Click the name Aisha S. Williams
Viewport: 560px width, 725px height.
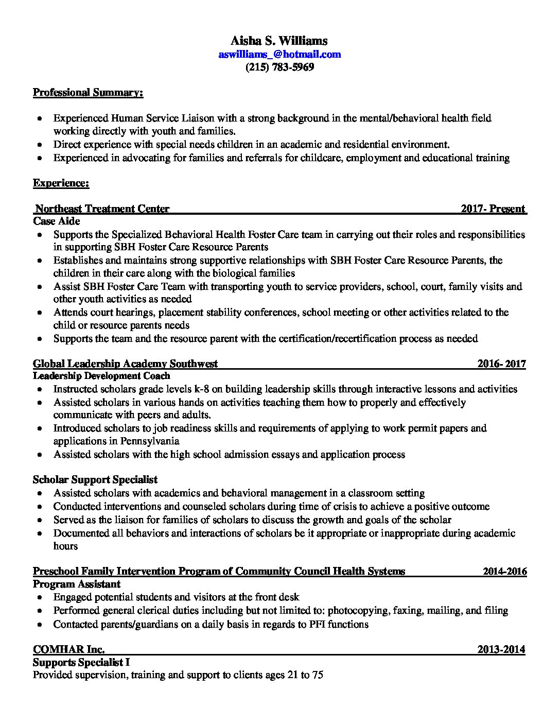[279, 41]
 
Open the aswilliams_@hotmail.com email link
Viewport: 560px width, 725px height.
[279, 54]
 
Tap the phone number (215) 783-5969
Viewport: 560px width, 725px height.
[279, 67]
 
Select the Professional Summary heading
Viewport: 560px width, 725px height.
[88, 93]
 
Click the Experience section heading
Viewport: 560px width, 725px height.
[61, 183]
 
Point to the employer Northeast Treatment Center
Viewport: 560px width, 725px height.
[102, 209]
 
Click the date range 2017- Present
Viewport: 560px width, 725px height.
[493, 209]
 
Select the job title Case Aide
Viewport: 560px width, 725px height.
[57, 221]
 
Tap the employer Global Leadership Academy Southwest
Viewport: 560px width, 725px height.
[125, 364]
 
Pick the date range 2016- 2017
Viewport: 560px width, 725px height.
[501, 364]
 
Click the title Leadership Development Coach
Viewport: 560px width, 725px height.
[101, 376]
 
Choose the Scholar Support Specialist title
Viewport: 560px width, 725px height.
[95, 480]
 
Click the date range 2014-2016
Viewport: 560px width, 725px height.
[504, 571]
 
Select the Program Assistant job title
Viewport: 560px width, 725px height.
[77, 584]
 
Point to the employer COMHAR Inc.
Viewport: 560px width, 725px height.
[69, 649]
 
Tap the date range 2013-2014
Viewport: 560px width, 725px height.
[501, 649]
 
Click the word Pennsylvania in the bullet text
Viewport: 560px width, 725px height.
[150, 441]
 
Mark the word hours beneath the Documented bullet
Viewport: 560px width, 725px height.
[65, 546]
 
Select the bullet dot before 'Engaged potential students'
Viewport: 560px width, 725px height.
[40, 598]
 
